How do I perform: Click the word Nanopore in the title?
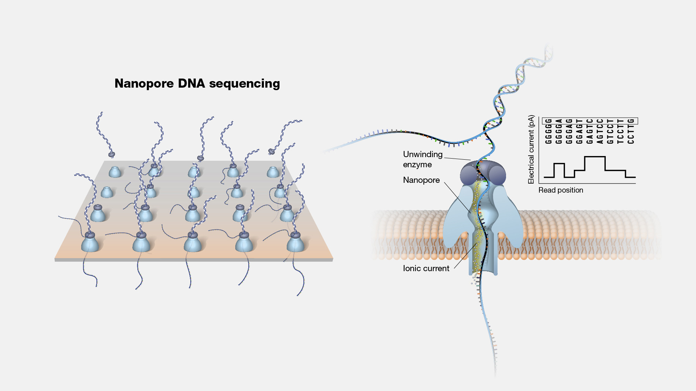tap(144, 84)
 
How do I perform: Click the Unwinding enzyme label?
tap(422, 159)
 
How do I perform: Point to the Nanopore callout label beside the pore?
tap(421, 180)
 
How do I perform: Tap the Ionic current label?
tap(426, 268)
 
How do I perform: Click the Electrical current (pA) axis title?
tap(531, 149)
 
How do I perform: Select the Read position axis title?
tap(561, 190)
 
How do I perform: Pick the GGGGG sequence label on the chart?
tap(548, 131)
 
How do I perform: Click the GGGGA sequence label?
tap(559, 131)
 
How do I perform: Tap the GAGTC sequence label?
tap(590, 131)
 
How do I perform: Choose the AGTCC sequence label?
tap(600, 131)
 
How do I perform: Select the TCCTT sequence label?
tap(621, 131)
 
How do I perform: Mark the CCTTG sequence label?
tap(631, 131)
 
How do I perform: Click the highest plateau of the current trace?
tap(595, 157)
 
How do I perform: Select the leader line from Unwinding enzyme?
tap(457, 159)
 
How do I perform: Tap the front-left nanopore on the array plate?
tap(90, 243)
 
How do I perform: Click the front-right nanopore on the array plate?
tap(295, 243)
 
